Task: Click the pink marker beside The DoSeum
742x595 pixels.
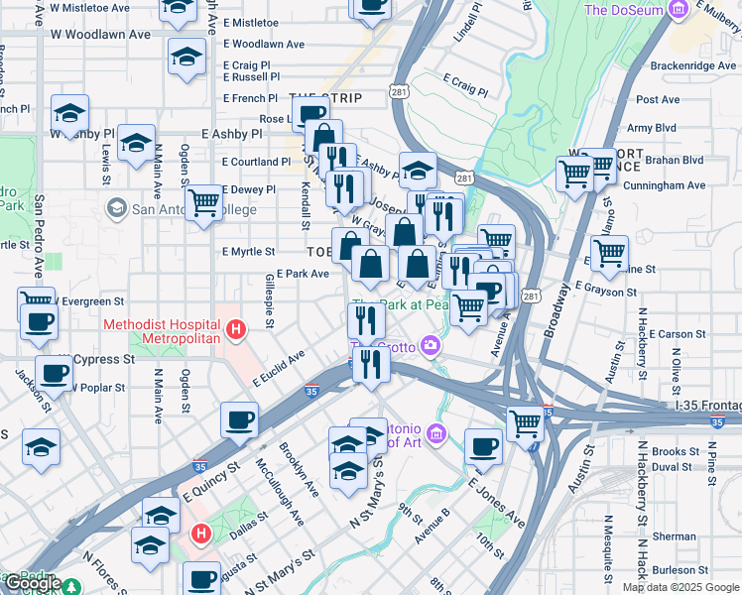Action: click(679, 11)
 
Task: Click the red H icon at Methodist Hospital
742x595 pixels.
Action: click(236, 329)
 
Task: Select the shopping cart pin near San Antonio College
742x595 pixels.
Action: click(203, 203)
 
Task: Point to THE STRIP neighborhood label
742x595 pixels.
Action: click(325, 98)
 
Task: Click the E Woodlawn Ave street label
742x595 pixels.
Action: click(264, 45)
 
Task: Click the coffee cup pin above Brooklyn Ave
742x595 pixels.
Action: click(239, 419)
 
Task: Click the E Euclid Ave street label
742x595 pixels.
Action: click(279, 367)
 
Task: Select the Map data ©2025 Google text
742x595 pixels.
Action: click(680, 587)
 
